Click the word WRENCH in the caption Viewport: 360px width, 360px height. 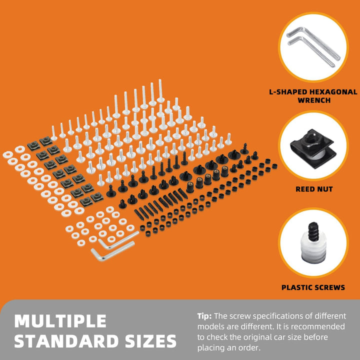(x=314, y=100)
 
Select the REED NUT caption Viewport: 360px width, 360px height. (x=314, y=189)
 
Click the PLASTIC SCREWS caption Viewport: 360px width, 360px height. (x=313, y=287)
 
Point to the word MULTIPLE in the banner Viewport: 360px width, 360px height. (x=60, y=320)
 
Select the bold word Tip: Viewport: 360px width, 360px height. (x=204, y=316)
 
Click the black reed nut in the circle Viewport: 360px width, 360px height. (x=312, y=148)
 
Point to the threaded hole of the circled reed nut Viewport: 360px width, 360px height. (x=309, y=137)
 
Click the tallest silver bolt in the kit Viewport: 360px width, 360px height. (x=160, y=91)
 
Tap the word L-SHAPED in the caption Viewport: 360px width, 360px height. (x=284, y=92)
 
